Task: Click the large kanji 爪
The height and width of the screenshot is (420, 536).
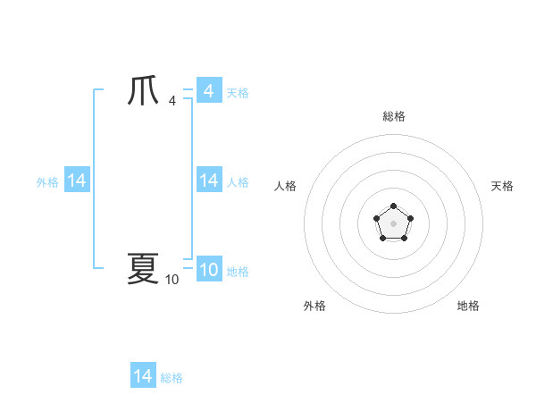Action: [143, 92]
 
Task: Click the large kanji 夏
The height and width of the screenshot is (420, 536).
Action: [143, 268]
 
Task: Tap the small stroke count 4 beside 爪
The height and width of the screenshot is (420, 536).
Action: [172, 100]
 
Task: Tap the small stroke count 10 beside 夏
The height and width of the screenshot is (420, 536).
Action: [172, 280]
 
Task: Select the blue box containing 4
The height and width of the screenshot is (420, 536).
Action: [208, 90]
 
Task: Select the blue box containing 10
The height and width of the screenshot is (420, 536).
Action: [208, 270]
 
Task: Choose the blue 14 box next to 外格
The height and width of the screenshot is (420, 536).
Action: [76, 181]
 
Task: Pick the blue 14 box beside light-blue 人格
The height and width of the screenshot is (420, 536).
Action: [208, 181]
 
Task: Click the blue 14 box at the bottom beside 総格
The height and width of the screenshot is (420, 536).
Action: [142, 376]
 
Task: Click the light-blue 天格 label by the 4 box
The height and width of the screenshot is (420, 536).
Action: [238, 92]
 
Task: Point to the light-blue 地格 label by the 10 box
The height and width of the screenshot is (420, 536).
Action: [238, 272]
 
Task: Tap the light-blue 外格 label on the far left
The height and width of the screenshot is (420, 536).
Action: [47, 182]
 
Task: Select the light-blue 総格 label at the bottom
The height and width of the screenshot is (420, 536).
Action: [172, 378]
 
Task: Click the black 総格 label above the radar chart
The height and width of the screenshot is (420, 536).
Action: [394, 116]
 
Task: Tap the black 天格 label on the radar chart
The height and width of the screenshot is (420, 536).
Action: [502, 186]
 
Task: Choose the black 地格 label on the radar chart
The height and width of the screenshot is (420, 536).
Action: [468, 306]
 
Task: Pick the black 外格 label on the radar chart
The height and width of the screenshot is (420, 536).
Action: [314, 306]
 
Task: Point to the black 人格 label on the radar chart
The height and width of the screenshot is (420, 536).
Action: [286, 186]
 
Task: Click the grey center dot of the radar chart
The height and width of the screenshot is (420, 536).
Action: [393, 223]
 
